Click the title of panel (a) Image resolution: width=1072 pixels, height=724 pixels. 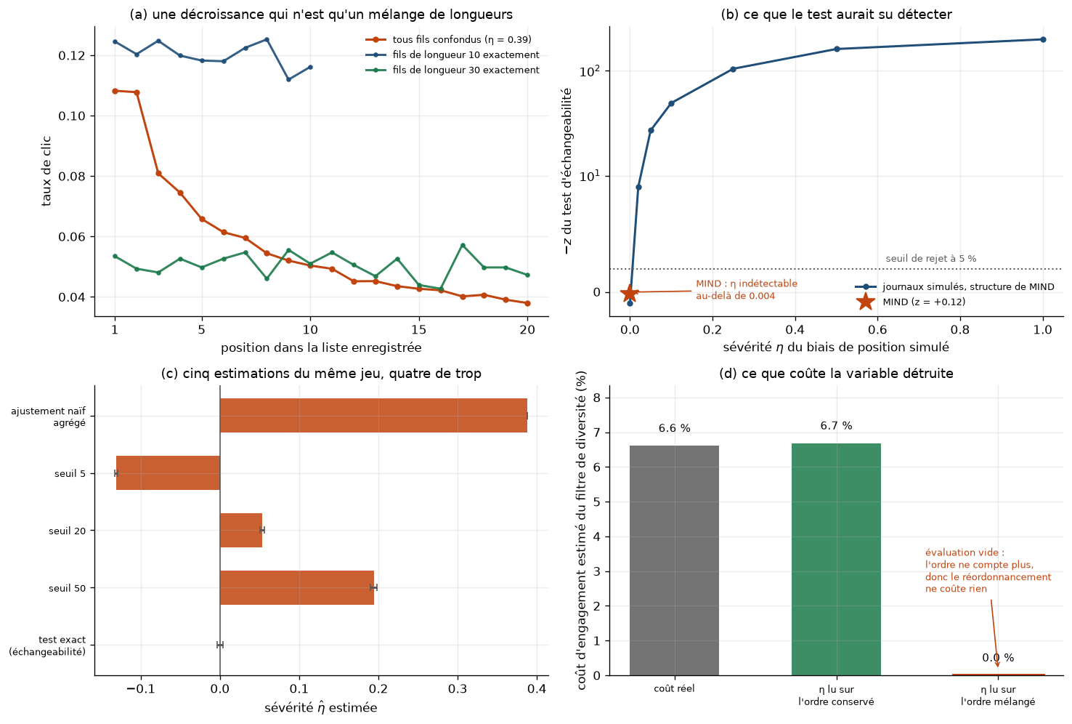(x=321, y=15)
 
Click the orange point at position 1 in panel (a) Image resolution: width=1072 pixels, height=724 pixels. (x=115, y=91)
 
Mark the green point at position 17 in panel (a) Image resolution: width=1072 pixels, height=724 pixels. (x=463, y=245)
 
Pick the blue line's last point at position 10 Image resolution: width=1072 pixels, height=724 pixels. (x=310, y=67)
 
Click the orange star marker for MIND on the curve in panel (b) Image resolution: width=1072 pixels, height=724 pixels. (x=630, y=293)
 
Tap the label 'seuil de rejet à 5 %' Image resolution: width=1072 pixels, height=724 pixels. (x=931, y=259)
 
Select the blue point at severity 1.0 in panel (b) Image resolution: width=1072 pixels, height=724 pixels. (x=1043, y=40)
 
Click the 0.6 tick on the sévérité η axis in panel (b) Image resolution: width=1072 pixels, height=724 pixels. (x=877, y=330)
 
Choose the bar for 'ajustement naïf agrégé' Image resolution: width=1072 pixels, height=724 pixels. (x=373, y=416)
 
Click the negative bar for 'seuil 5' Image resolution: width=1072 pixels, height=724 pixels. (x=168, y=472)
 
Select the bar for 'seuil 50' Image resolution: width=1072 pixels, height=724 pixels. (x=297, y=587)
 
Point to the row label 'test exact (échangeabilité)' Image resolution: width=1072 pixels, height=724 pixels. (x=47, y=645)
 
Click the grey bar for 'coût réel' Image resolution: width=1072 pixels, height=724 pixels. (x=674, y=560)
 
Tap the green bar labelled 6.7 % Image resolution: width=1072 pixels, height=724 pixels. (x=836, y=559)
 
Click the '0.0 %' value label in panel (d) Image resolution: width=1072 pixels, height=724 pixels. (x=998, y=658)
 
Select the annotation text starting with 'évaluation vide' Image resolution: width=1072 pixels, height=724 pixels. (x=988, y=571)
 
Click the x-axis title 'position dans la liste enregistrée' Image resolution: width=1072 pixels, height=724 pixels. (x=321, y=347)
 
